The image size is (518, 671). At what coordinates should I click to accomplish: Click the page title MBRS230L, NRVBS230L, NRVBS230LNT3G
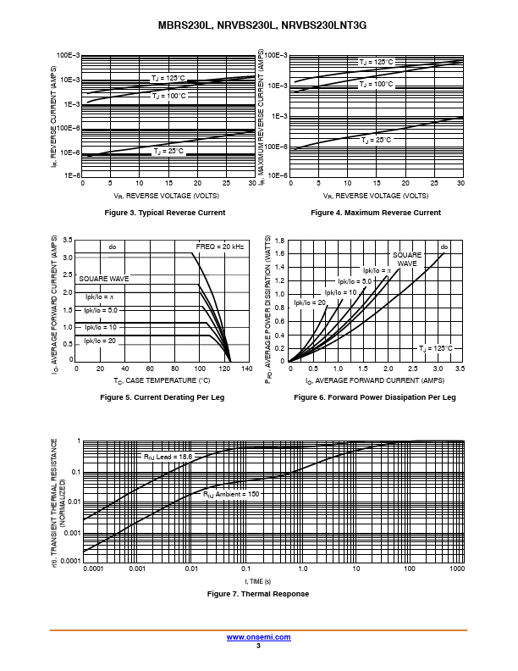click(x=262, y=26)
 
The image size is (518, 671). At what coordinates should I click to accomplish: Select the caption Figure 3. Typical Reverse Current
click(x=164, y=213)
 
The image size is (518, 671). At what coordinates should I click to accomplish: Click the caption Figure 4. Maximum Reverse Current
click(x=376, y=213)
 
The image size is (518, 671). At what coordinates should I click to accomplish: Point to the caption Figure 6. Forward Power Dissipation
click(x=375, y=397)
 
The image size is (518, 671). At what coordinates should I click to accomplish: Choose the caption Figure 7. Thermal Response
click(x=258, y=594)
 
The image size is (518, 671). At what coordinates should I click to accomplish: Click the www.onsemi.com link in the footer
click(x=258, y=636)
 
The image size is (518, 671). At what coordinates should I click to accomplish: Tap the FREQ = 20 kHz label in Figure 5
click(x=220, y=247)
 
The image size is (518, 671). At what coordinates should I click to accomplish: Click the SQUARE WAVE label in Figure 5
click(x=104, y=279)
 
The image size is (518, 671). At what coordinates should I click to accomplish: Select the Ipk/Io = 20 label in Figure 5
click(x=100, y=341)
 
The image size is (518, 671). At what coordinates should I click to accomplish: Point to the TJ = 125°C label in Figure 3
click(x=168, y=78)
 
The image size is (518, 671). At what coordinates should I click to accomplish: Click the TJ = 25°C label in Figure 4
click(x=377, y=140)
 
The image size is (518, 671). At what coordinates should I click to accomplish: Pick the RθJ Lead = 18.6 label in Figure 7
click(x=168, y=457)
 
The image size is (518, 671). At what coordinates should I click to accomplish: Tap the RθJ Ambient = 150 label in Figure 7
click(x=230, y=493)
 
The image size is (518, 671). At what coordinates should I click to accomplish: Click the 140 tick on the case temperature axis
click(x=246, y=369)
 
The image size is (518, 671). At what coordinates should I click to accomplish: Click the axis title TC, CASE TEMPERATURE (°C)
click(x=168, y=381)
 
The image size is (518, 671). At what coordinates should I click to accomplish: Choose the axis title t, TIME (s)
click(x=258, y=581)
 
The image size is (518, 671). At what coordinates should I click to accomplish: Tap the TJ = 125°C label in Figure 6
click(x=436, y=348)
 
